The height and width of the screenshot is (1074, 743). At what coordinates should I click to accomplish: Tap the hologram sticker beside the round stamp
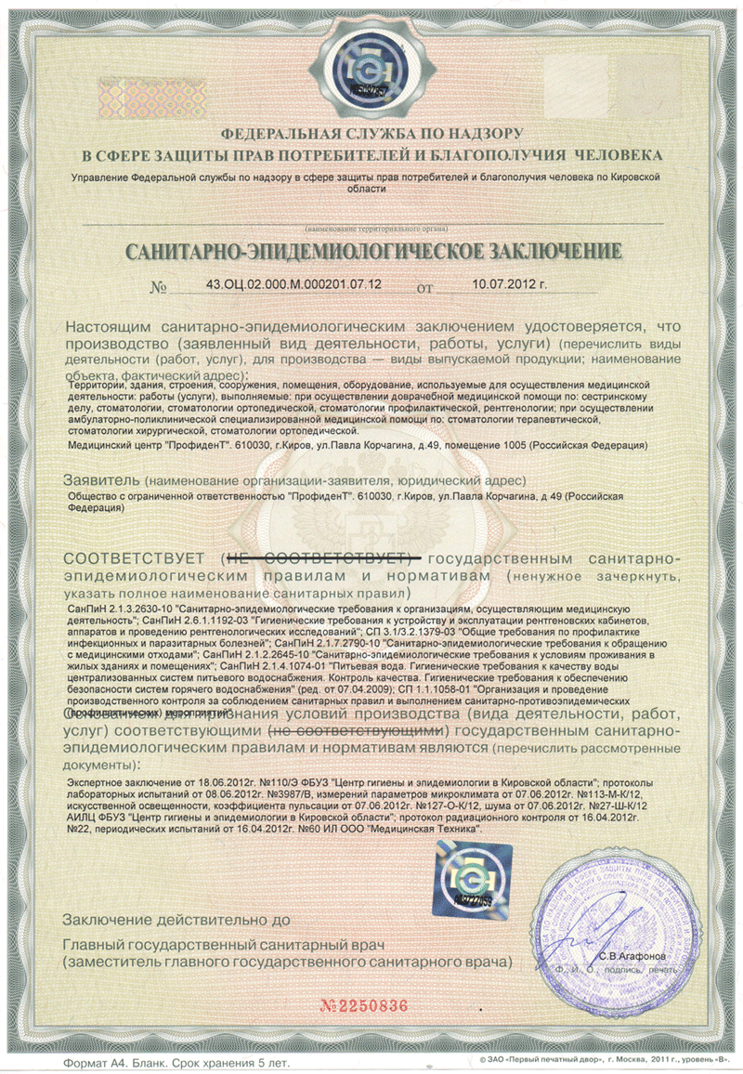point(471,880)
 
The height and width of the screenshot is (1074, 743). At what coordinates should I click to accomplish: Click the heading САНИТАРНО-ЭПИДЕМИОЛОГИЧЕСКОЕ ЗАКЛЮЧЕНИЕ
point(371,251)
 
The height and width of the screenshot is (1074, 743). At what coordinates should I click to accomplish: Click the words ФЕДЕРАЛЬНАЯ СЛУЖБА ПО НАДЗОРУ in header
point(371,134)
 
